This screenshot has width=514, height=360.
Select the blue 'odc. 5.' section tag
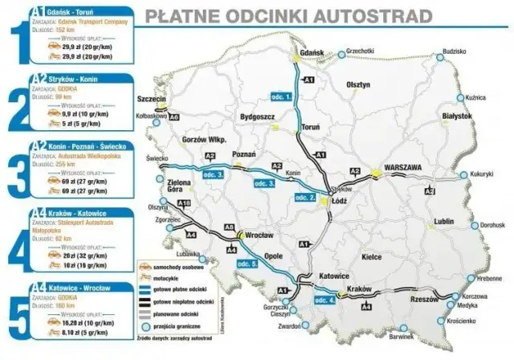click(249, 264)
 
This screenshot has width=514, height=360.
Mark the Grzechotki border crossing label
click(362, 51)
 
